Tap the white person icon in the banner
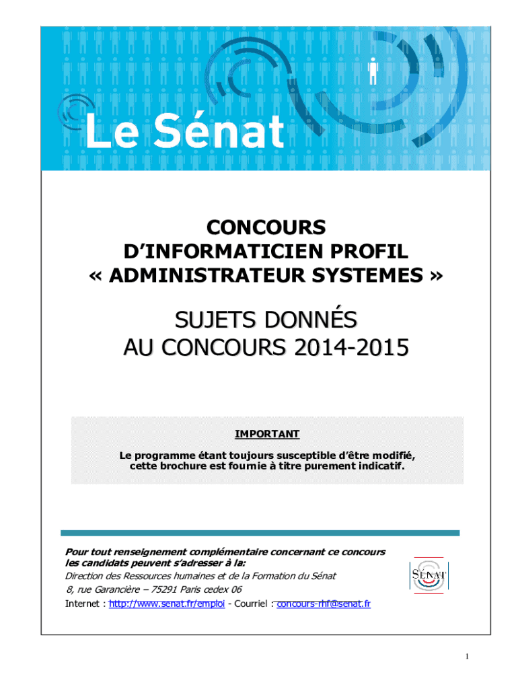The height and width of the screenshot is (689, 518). [x=372, y=71]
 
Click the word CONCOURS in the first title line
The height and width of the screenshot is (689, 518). [x=265, y=227]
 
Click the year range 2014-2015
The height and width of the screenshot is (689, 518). [x=350, y=349]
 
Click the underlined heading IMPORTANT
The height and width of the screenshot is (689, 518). [x=267, y=434]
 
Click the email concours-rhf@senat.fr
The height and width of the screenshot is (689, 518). [x=324, y=604]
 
